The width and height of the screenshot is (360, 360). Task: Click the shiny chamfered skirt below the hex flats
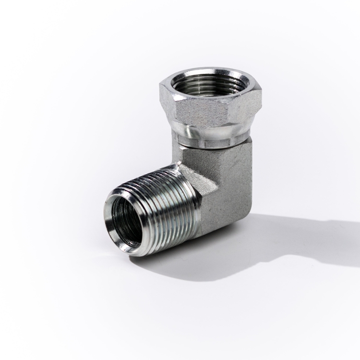pyautogui.click(x=211, y=132)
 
